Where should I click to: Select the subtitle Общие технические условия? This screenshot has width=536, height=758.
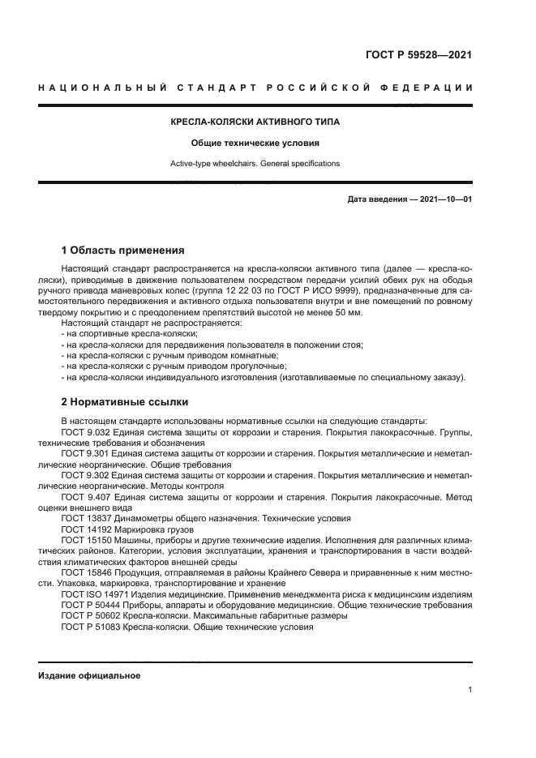tap(255, 143)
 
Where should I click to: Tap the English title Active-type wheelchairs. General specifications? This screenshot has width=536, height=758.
tap(255, 163)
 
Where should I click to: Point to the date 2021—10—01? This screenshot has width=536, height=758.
tap(444, 199)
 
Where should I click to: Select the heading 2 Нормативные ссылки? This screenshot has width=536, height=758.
tap(124, 401)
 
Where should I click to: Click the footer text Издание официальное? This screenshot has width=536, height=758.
tap(89, 675)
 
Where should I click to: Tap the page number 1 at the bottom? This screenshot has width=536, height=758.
tap(470, 690)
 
